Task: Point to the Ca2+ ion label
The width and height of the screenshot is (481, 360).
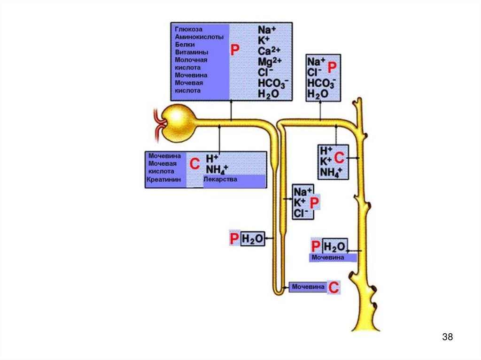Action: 269,50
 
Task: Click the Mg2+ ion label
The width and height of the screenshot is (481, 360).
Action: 270,61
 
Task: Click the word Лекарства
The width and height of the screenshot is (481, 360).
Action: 220,180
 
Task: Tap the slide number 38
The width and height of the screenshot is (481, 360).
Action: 448,337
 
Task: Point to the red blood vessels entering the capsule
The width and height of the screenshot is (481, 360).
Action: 159,123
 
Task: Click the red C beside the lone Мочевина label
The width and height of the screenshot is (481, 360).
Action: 333,288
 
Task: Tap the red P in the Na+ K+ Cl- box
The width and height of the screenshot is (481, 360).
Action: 314,202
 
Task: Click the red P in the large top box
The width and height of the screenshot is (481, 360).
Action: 235,51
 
